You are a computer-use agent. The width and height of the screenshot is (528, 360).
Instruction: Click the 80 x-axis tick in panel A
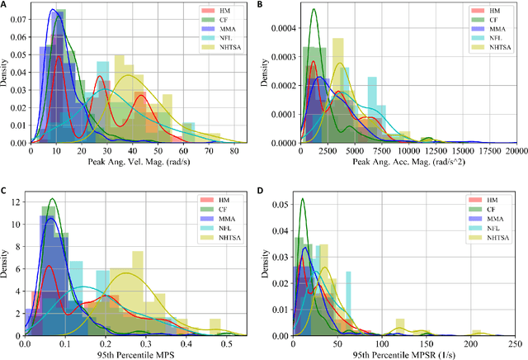click(233, 151)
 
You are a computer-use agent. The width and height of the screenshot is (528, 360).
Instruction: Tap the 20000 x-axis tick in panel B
click(516, 151)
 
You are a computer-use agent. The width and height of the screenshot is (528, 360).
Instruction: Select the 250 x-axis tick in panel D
click(514, 338)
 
